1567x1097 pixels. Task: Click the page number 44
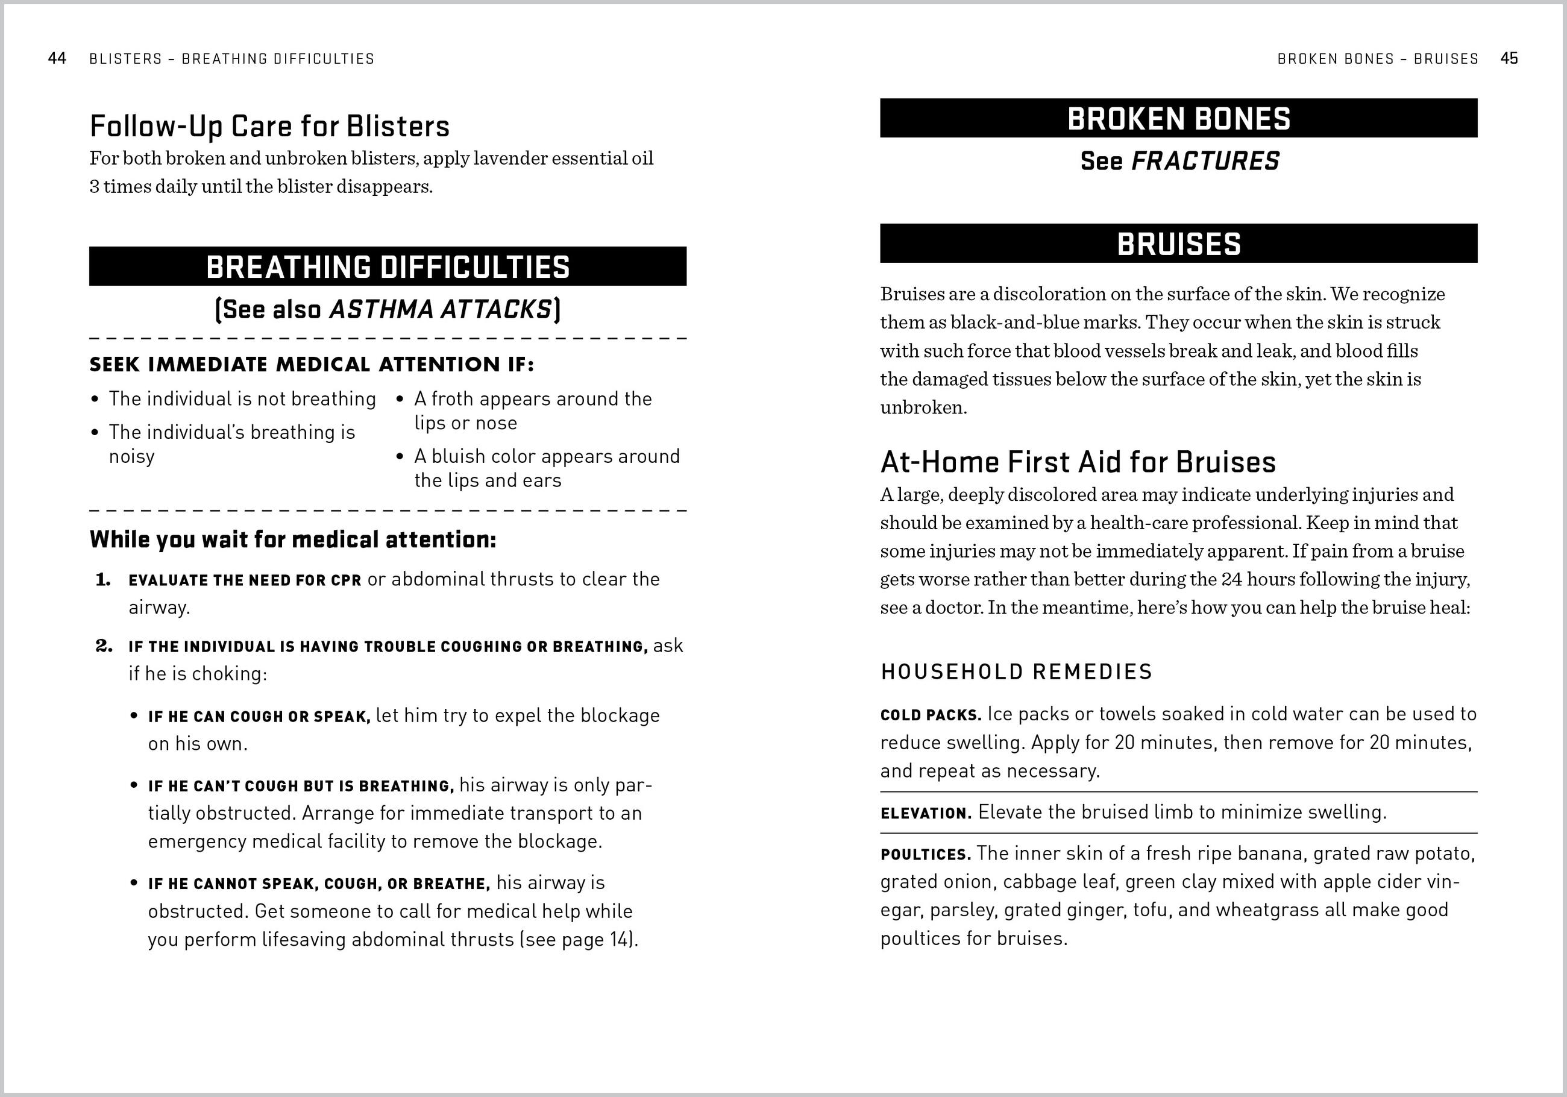pos(57,58)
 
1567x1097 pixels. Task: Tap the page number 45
pos(1509,58)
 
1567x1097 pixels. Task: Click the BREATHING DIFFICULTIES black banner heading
pos(388,267)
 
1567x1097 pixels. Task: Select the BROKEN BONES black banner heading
pos(1179,119)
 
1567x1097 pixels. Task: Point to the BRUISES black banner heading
pos(1179,244)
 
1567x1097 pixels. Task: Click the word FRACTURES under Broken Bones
pos(1205,162)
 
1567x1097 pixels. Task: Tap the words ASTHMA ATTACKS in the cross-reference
pos(440,310)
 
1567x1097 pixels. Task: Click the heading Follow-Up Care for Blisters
pos(269,127)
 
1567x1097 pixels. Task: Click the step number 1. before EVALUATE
pos(103,580)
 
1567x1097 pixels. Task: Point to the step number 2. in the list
pos(103,646)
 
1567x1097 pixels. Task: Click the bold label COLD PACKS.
pos(930,715)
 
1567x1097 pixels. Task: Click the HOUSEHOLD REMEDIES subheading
pos(1016,671)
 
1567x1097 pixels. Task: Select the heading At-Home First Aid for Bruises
pos(1078,462)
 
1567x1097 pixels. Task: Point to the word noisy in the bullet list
pos(132,457)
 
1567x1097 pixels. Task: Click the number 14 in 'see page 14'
pos(620,940)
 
